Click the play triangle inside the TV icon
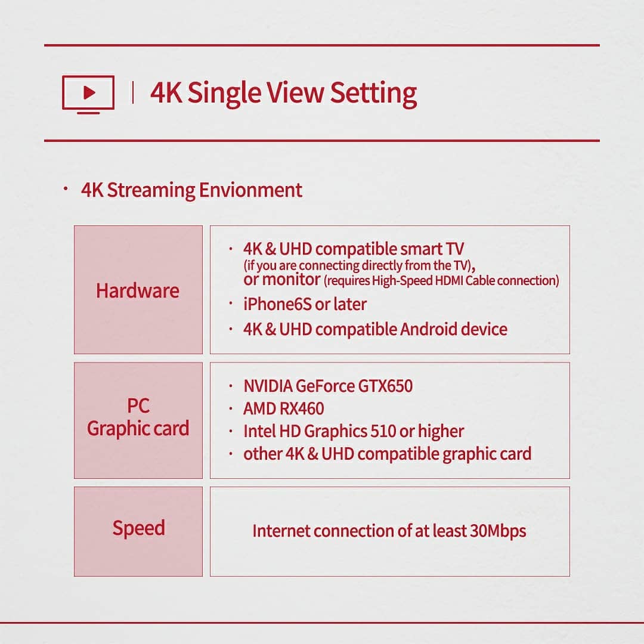point(89,92)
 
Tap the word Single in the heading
point(224,94)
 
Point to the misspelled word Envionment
point(250,190)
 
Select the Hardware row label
point(138,291)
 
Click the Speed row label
point(139,528)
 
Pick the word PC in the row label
point(138,406)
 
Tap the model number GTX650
point(385,386)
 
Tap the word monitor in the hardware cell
point(292,280)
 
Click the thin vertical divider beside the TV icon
point(132,92)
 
